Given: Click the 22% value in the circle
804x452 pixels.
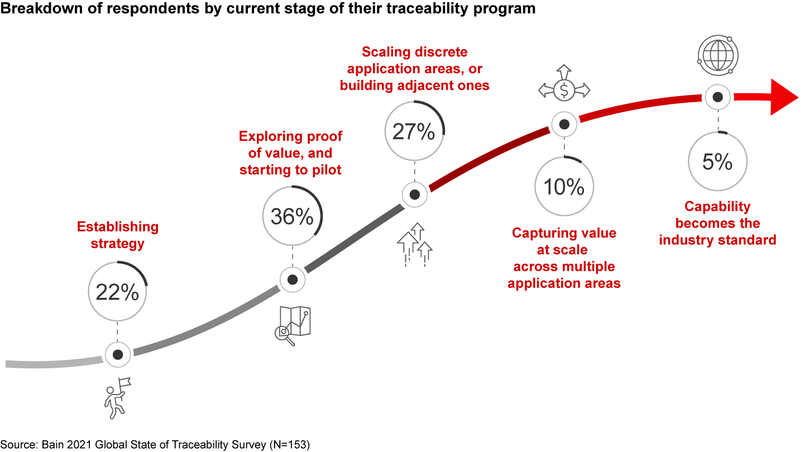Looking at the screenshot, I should click(x=117, y=291).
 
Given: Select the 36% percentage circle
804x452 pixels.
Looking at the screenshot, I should click(x=292, y=216).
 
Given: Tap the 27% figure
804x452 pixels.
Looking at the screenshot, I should click(x=414, y=131).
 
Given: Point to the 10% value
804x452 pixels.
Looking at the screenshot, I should click(x=564, y=186).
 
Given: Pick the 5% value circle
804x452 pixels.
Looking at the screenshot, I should click(x=717, y=161).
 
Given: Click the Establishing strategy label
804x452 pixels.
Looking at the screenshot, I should click(x=117, y=235).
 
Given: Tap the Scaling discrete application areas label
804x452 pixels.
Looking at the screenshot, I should click(x=414, y=69).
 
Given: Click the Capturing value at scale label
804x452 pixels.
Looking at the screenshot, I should click(x=564, y=258).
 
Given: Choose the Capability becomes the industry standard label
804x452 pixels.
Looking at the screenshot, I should click(x=717, y=223).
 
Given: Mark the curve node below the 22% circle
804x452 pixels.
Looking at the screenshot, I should click(x=118, y=354).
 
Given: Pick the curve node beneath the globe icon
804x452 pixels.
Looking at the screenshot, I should click(x=718, y=97).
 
